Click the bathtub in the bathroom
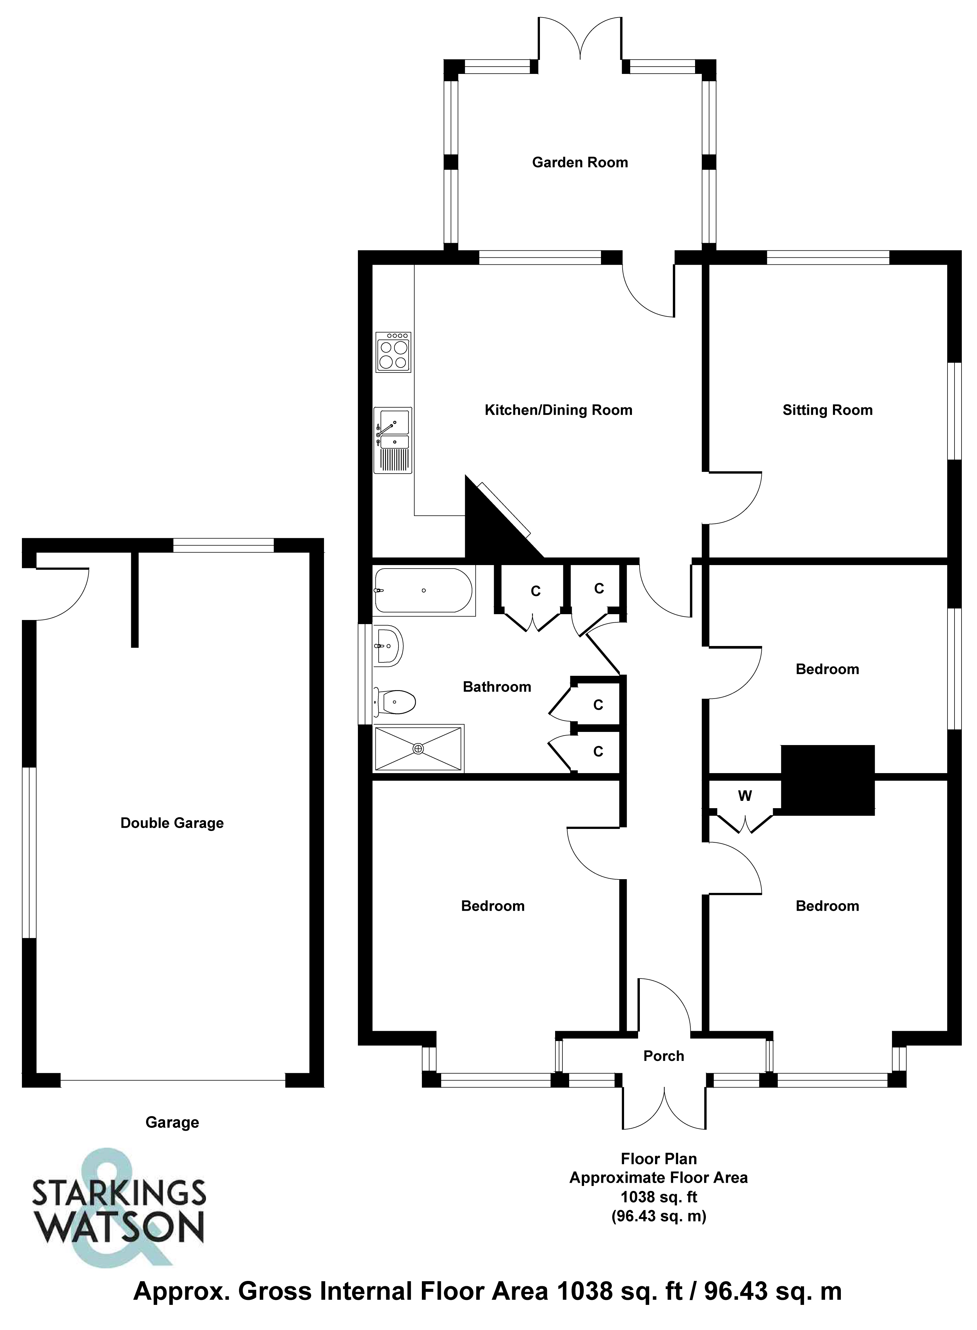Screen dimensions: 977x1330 423,590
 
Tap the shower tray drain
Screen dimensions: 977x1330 419,749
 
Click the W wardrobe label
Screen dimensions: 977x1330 744,796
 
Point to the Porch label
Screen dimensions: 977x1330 664,1056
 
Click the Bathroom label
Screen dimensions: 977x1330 497,687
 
